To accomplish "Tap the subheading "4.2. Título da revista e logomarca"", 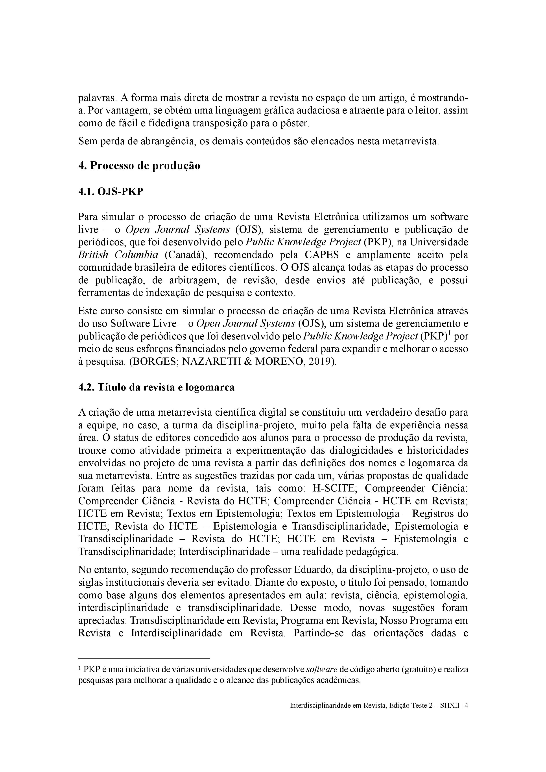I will (157, 387).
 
